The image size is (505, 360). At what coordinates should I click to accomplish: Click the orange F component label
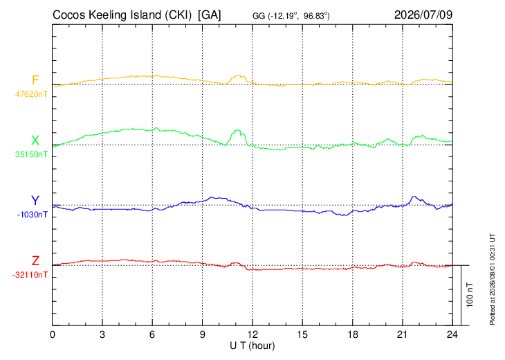pyautogui.click(x=35, y=80)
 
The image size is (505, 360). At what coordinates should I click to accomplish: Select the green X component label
pyautogui.click(x=35, y=141)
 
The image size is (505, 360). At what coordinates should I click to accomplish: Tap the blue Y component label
pyautogui.click(x=35, y=201)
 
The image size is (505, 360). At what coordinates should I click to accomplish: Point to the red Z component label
pyautogui.click(x=35, y=261)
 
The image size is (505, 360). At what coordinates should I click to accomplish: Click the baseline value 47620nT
pyautogui.click(x=31, y=94)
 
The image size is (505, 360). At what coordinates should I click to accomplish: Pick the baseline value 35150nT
pyautogui.click(x=31, y=154)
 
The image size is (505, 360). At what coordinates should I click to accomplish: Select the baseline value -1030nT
pyautogui.click(x=33, y=215)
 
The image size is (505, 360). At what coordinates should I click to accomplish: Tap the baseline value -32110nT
pyautogui.click(x=30, y=275)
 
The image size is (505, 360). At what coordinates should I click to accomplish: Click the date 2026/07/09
pyautogui.click(x=423, y=15)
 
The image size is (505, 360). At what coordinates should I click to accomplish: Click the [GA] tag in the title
pyautogui.click(x=210, y=15)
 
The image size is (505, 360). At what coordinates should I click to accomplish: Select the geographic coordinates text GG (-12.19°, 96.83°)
pyautogui.click(x=291, y=16)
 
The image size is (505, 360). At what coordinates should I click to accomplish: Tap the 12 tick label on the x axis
pyautogui.click(x=252, y=335)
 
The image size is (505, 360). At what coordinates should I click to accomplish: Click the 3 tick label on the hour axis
pyautogui.click(x=102, y=335)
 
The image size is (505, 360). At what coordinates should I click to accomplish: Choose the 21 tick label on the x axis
pyautogui.click(x=402, y=335)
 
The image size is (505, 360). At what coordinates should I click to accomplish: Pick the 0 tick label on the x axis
pyautogui.click(x=53, y=335)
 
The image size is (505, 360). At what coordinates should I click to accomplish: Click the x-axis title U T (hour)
pyautogui.click(x=252, y=346)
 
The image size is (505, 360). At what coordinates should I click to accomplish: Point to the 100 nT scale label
pyautogui.click(x=470, y=295)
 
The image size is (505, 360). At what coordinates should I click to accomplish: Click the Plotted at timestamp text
pyautogui.click(x=493, y=279)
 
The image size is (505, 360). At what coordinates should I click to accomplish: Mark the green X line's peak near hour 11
pyautogui.click(x=238, y=130)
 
